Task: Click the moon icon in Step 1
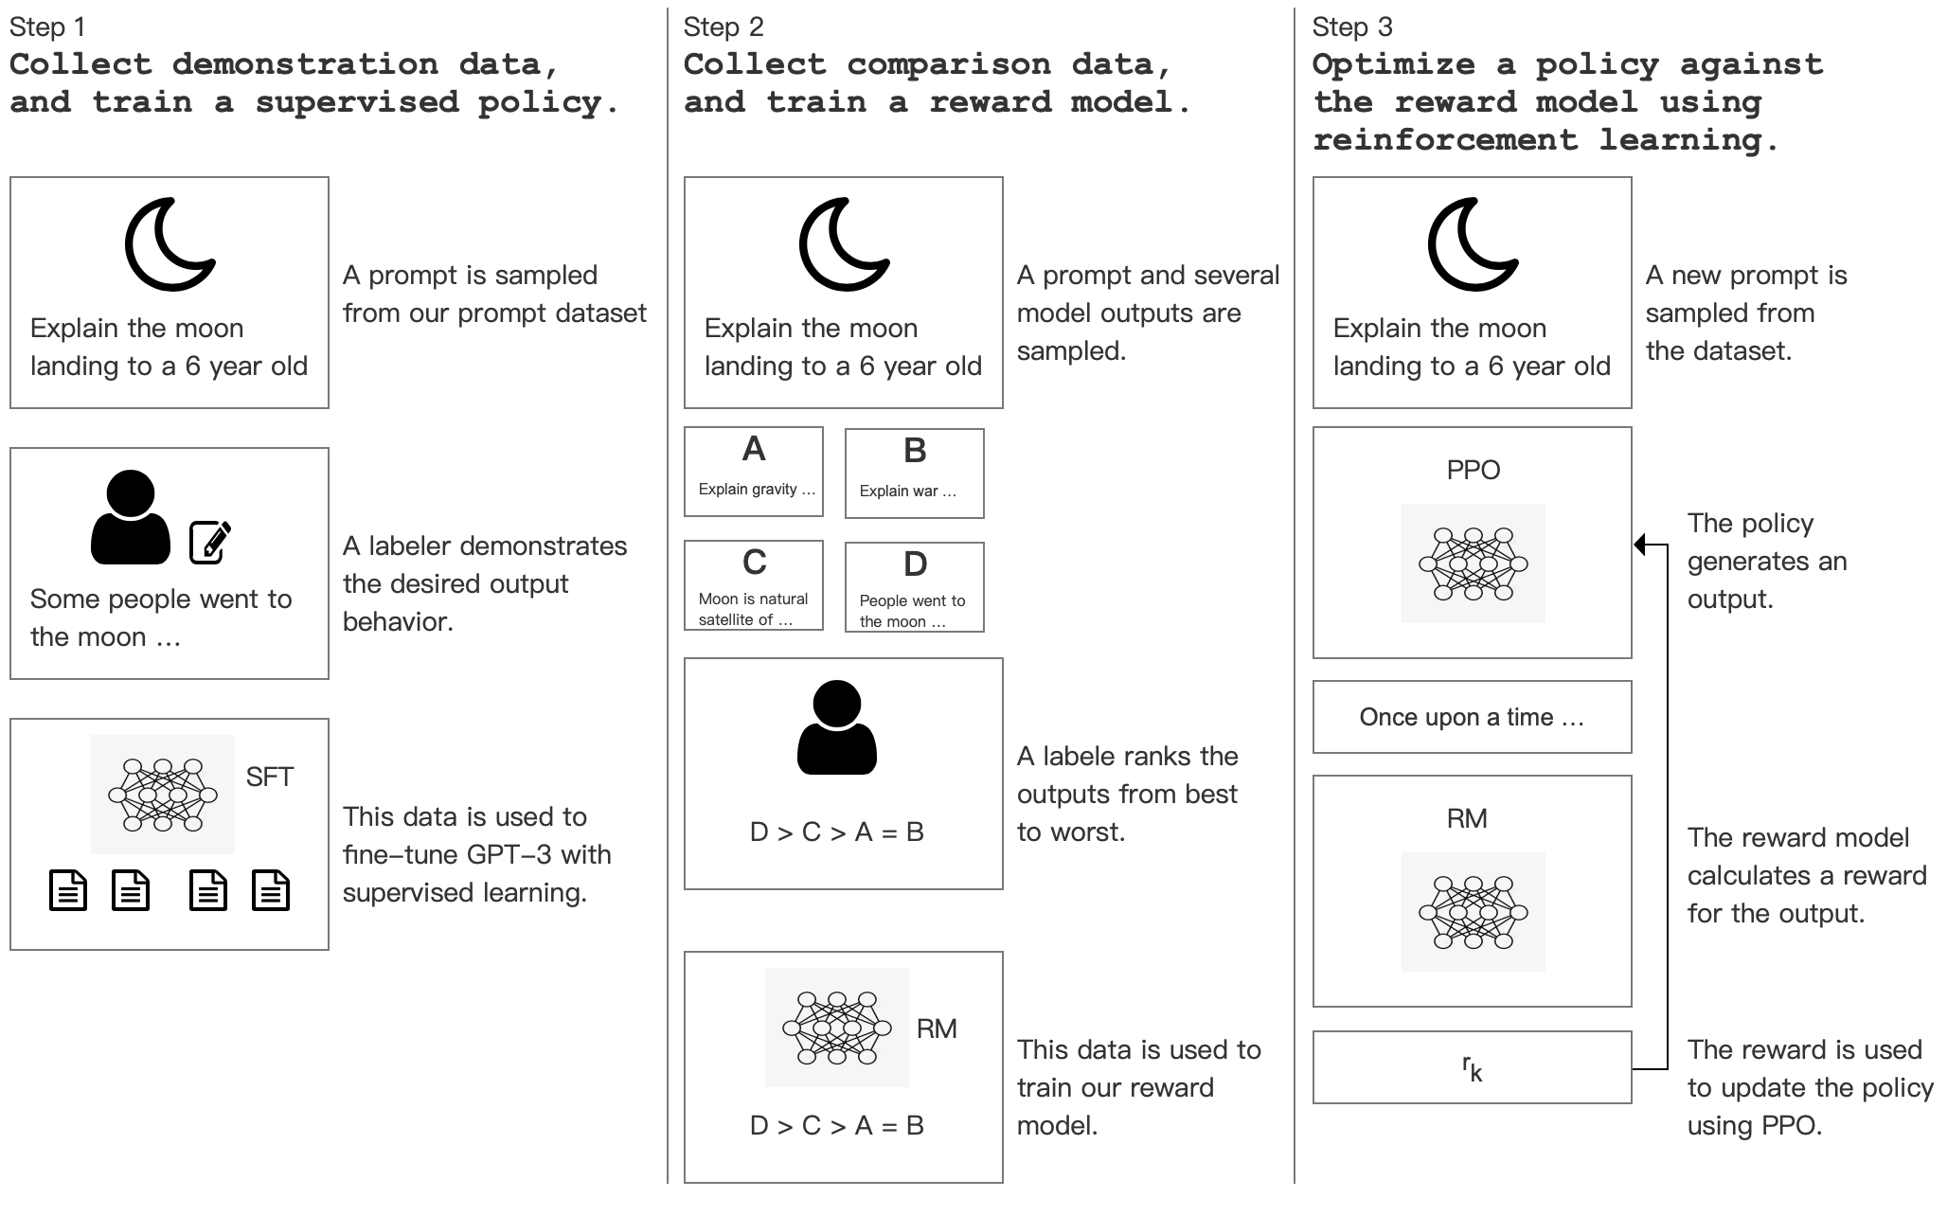(169, 244)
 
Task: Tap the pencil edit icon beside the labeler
(210, 542)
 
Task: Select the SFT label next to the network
(269, 778)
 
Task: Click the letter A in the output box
(754, 449)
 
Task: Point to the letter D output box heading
(915, 564)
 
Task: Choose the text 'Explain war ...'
(907, 491)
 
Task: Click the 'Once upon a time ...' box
(1472, 717)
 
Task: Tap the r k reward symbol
(1472, 1068)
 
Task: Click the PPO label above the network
(1473, 470)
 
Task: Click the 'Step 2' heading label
(723, 27)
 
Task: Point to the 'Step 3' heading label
(1351, 27)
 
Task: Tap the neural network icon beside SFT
(163, 795)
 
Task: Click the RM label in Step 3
(1466, 818)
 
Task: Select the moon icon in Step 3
(1472, 244)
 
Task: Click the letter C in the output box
(754, 563)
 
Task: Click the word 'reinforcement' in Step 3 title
(1444, 140)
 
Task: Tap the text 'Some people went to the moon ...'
(161, 617)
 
